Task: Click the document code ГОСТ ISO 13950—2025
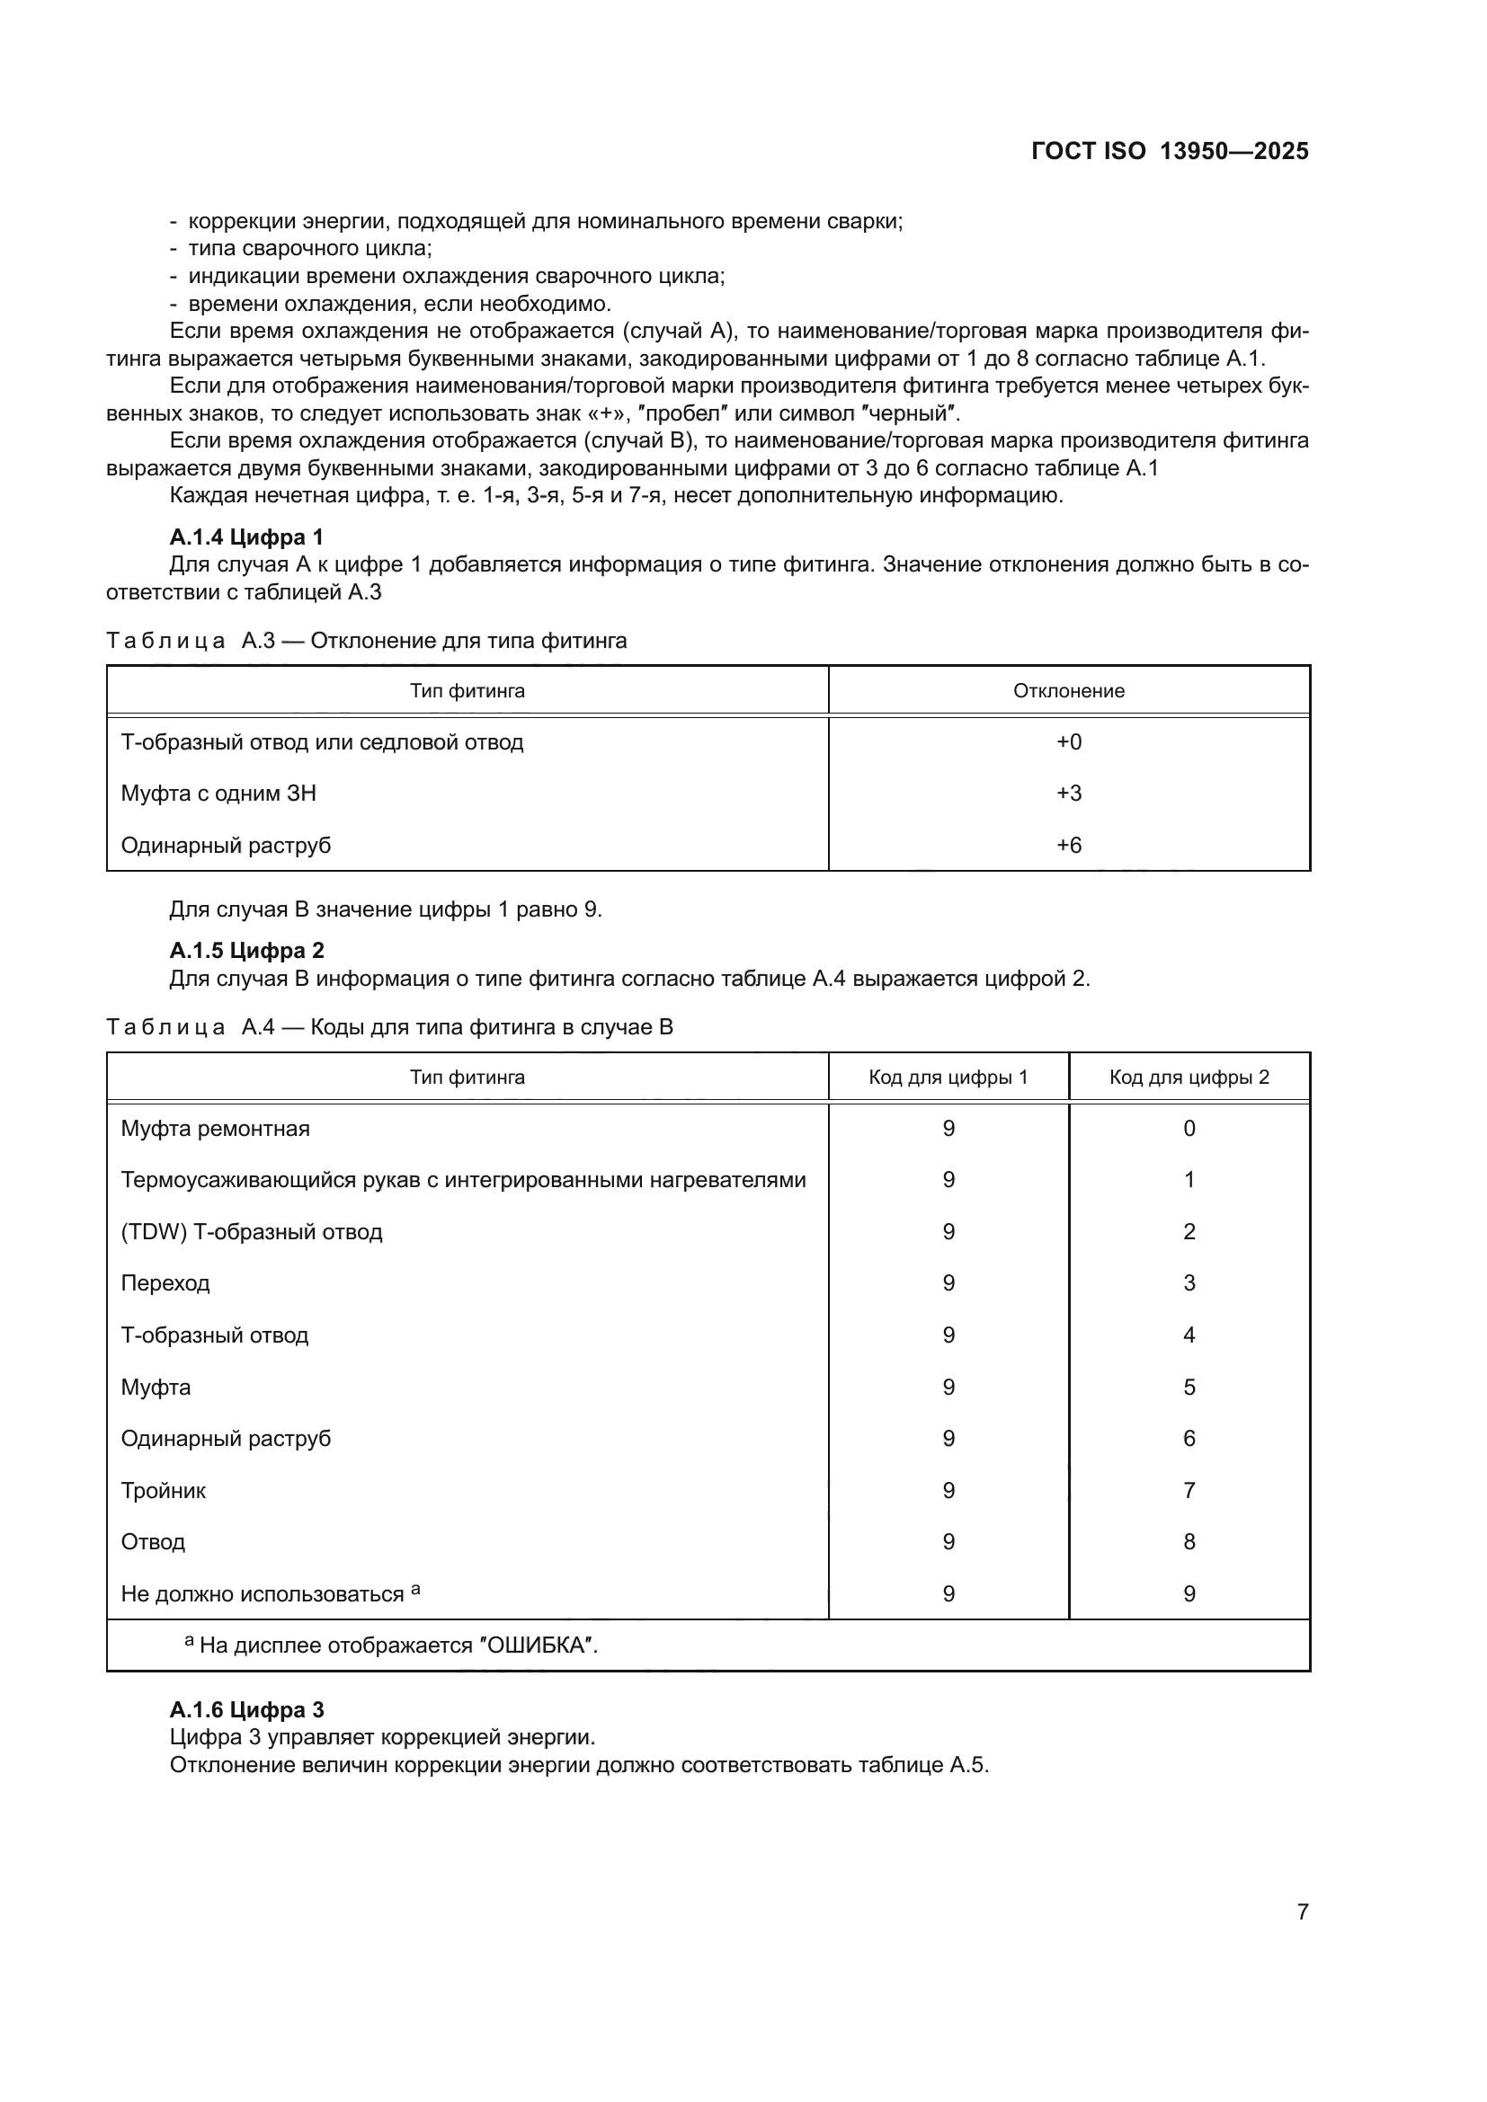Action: coord(1170,151)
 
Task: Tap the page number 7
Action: coord(1302,1911)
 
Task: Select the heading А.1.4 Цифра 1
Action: coord(246,537)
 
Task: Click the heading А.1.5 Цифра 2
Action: coord(246,950)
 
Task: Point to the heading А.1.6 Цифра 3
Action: coord(246,1709)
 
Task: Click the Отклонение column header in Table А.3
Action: coord(1069,690)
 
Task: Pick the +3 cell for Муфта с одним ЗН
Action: coord(1069,793)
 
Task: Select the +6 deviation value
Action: coord(1069,845)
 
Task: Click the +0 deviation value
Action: coord(1069,741)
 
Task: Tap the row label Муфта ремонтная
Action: coord(215,1128)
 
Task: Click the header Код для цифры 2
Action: coord(1189,1077)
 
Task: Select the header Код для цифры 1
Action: coord(948,1077)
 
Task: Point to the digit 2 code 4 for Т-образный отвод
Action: coord(1189,1335)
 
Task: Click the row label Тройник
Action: coord(163,1490)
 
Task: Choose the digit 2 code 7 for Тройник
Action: coord(1189,1490)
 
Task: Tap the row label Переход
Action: coord(165,1282)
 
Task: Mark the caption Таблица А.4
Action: coord(389,1027)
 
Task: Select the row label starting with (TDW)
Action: coord(251,1231)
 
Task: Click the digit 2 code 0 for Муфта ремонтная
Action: coord(1189,1128)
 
